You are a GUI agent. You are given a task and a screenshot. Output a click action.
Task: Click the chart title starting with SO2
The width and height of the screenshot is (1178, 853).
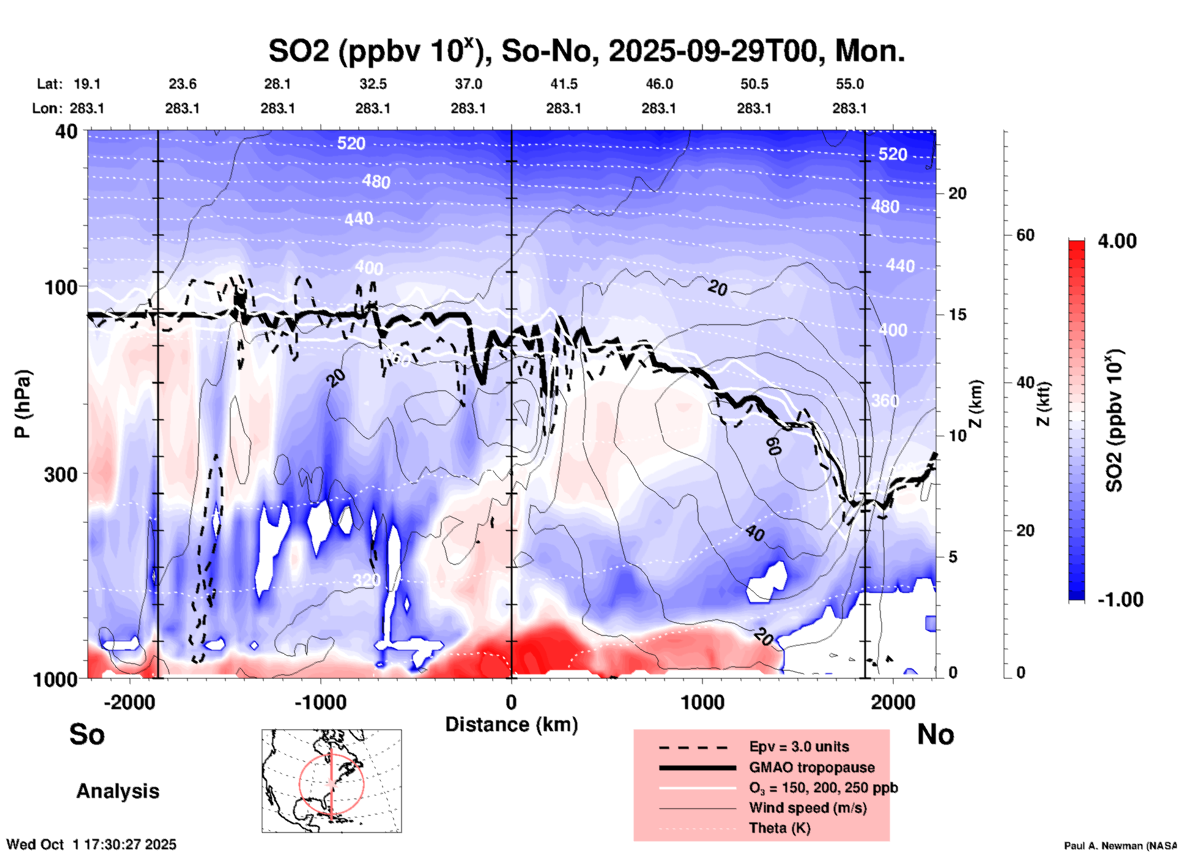[x=586, y=51]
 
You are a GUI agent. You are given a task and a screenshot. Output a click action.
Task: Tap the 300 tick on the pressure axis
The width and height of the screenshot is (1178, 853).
[x=61, y=474]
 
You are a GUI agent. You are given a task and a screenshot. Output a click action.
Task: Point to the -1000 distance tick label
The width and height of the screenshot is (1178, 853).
[x=319, y=702]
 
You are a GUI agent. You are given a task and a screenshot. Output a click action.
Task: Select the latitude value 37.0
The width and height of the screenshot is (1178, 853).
[x=468, y=84]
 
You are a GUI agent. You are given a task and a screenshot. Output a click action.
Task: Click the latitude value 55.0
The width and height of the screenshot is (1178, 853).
[x=850, y=84]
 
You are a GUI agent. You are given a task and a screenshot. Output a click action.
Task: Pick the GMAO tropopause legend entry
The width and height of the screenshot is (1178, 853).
[x=812, y=767]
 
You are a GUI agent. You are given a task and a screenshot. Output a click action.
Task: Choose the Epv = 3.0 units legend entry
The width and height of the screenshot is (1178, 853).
[x=799, y=747]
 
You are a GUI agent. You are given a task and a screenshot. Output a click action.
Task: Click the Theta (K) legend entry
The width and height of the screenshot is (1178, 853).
[x=779, y=828]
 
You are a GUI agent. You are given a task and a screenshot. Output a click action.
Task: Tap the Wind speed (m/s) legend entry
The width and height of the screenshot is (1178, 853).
[x=807, y=808]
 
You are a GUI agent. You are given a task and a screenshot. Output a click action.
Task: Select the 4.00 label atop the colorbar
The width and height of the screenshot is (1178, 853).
[x=1117, y=241]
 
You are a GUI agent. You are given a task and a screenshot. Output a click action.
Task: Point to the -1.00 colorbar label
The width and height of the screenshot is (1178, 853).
[x=1120, y=599]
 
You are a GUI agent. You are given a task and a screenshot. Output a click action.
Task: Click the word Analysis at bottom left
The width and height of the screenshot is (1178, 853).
[x=117, y=791]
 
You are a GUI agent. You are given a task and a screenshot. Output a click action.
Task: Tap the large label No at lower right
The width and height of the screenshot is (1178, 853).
[x=935, y=734]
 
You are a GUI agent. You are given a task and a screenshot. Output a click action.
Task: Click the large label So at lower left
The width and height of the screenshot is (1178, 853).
[x=87, y=734]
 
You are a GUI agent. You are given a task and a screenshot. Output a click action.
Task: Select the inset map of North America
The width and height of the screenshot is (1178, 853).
[x=332, y=781]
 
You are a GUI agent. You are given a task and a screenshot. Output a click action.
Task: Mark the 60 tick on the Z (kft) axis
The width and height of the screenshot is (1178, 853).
[x=1025, y=235]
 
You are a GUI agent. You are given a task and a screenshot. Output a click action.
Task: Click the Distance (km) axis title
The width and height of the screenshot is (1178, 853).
[x=511, y=724]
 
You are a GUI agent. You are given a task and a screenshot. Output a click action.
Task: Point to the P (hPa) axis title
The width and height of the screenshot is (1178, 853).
[x=23, y=404]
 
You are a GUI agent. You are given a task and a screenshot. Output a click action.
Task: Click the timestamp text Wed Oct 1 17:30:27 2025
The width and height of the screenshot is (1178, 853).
[x=91, y=844]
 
